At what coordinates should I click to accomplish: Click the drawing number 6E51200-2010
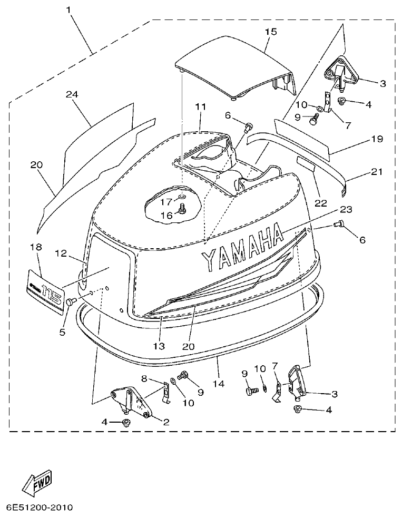[40, 508]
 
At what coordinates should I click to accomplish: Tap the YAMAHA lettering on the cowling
[242, 247]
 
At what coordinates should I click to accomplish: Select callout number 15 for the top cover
[270, 32]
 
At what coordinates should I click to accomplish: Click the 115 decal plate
[45, 291]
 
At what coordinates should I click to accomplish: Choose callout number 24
[72, 94]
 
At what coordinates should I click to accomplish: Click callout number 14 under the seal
[219, 384]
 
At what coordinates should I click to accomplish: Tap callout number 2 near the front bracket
[166, 422]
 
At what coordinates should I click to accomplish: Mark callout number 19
[376, 139]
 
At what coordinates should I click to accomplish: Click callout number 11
[200, 107]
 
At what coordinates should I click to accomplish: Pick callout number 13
[159, 346]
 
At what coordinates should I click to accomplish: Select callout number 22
[320, 203]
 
